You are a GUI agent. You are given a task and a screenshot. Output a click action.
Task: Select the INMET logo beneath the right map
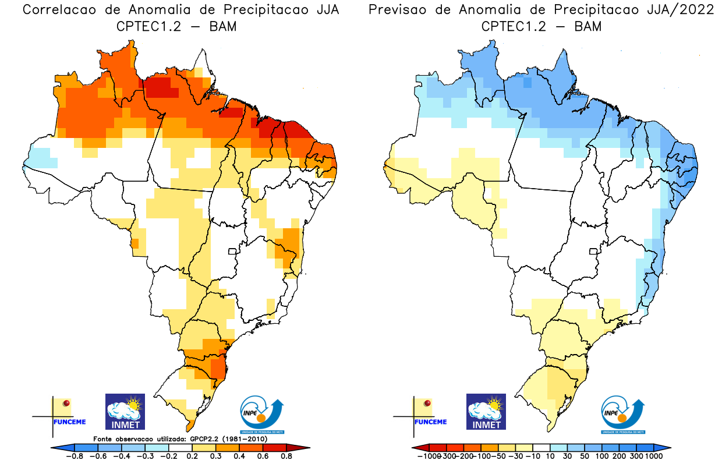[x=486, y=411]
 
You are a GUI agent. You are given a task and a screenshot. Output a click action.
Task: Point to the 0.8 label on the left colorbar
[x=286, y=457]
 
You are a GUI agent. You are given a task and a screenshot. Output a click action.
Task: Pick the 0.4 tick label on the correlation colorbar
[x=238, y=457]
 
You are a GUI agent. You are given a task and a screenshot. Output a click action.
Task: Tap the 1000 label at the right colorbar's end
[x=653, y=457]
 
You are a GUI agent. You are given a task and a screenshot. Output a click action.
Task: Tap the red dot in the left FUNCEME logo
[x=66, y=403]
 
